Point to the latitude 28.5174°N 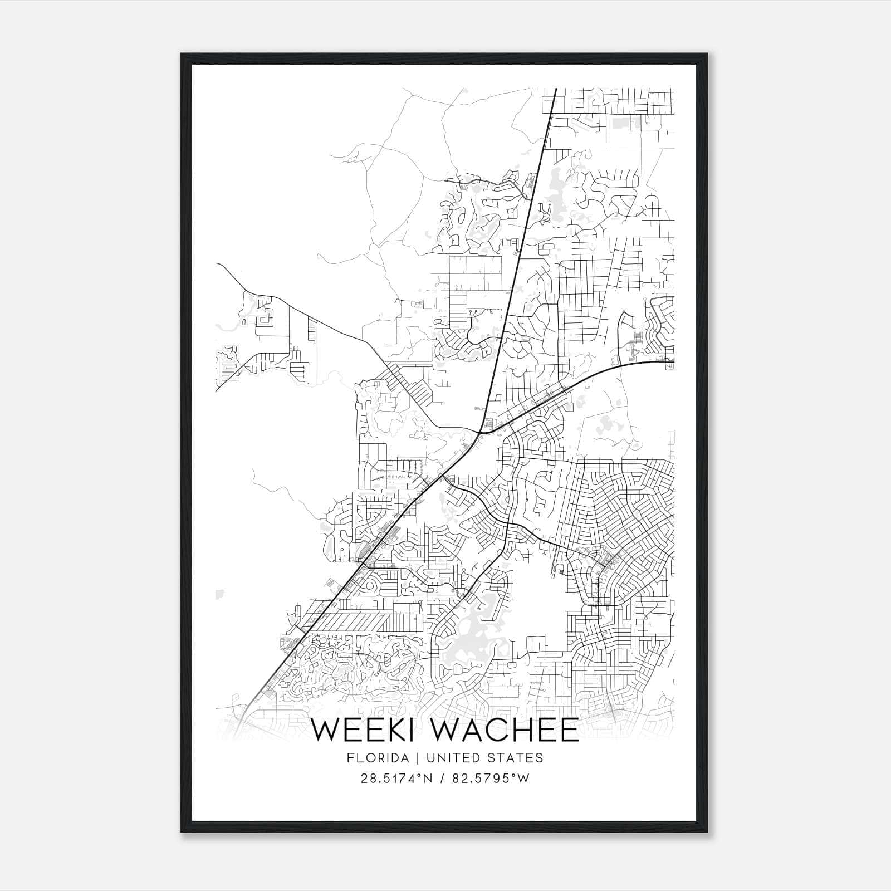(396, 779)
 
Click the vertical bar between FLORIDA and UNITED (411, 758)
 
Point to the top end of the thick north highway (556, 89)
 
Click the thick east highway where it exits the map (673, 362)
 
